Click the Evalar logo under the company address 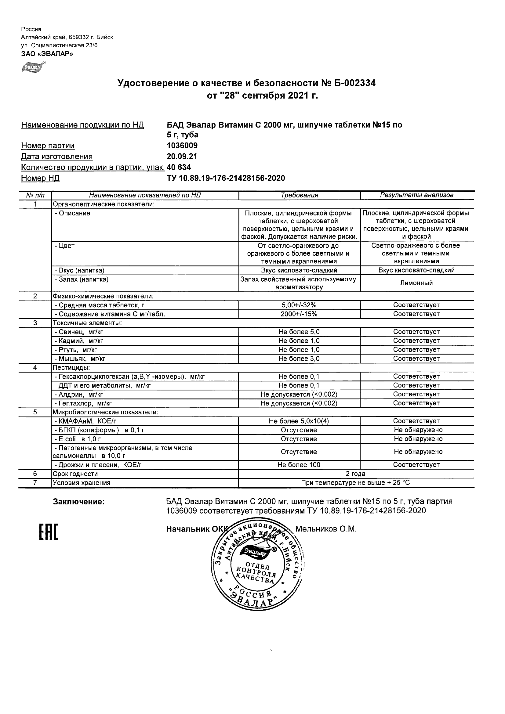pos(32,67)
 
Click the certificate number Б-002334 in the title pos(353,83)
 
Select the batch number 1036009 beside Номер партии pos(182,146)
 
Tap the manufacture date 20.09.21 pos(182,157)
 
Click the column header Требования pos(299,195)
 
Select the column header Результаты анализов pos(417,195)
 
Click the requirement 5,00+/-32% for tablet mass pos(299,305)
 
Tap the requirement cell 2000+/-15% pos(299,314)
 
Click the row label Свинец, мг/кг pos(81,332)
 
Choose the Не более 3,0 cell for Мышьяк pos(299,359)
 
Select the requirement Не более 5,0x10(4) pos(299,421)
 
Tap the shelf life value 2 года pos(356,474)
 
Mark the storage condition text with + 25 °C pos(356,483)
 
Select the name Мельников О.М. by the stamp pos(326,529)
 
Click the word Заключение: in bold pos(79,502)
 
